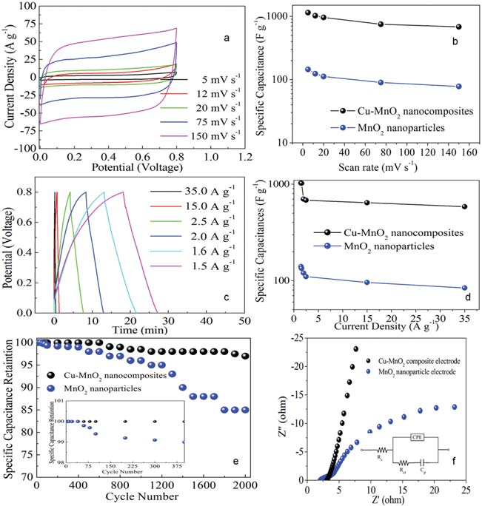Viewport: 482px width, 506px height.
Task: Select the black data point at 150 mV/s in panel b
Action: [x=459, y=27]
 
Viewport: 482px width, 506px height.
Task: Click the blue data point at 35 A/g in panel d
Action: [x=464, y=288]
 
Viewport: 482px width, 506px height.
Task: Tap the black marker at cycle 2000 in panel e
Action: [x=246, y=356]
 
